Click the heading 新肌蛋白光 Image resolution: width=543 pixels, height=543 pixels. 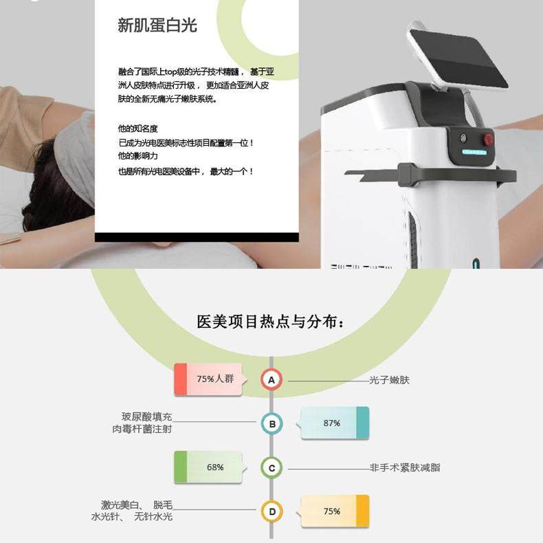[157, 26]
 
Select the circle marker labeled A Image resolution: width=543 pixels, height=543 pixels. [271, 379]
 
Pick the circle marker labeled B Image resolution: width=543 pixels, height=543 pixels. [271, 424]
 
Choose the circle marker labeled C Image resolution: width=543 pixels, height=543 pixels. [271, 469]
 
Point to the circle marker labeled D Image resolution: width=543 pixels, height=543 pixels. [271, 512]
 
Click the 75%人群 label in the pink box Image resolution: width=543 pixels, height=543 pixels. [215, 379]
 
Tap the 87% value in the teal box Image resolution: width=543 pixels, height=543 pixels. [331, 423]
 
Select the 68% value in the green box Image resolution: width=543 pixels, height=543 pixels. [215, 467]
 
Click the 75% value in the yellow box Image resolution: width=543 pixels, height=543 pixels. [331, 511]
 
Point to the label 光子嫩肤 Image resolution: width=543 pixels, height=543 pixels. [389, 379]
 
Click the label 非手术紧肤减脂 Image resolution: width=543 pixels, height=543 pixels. [405, 467]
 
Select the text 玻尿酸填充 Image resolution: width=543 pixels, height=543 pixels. [146, 417]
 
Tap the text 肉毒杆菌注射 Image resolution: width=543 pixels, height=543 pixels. [142, 429]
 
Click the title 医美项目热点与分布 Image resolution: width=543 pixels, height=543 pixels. [271, 322]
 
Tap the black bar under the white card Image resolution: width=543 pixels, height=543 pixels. [197, 237]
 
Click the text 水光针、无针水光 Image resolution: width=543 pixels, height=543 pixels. [132, 516]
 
